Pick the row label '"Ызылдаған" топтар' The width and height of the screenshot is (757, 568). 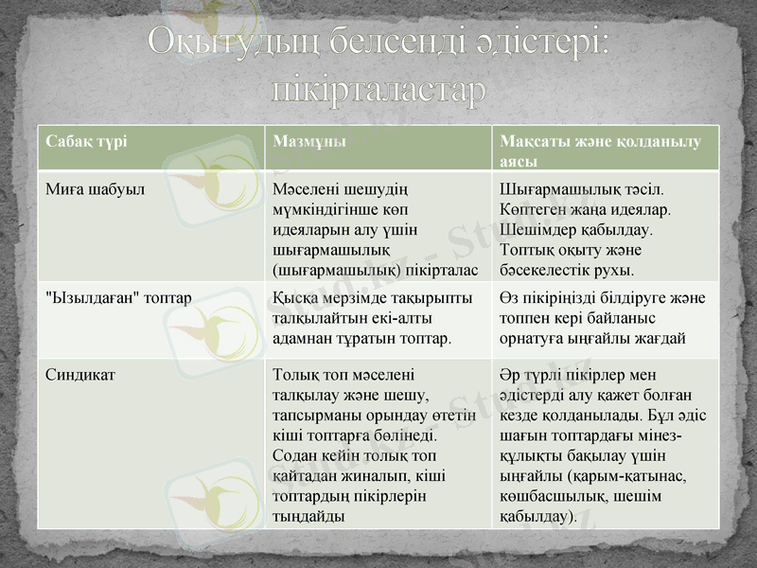click(119, 297)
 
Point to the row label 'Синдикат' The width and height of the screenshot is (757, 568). click(80, 374)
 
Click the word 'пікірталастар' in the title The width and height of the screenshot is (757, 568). click(378, 89)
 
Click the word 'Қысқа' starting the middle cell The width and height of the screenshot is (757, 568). click(293, 297)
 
